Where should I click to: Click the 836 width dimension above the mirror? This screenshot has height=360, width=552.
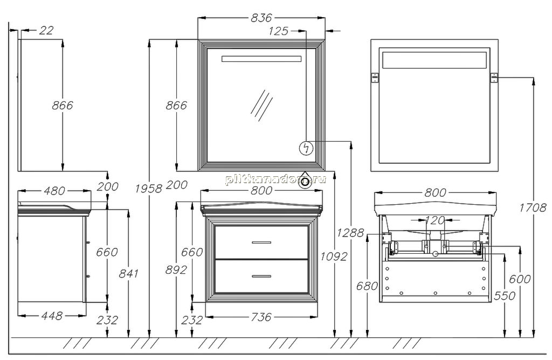pos(261,18)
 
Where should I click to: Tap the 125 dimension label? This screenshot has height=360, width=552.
pos(278,31)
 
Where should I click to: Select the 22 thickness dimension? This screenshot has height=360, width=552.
pos(46,31)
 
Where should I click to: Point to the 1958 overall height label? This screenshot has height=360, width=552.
pos(149,189)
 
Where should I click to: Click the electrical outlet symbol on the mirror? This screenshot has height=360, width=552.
pos(306,148)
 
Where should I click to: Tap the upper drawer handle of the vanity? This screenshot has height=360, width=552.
pos(261,243)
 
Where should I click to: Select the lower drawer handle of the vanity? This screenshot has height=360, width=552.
pos(261,276)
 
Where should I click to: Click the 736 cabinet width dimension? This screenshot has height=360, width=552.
pos(261,317)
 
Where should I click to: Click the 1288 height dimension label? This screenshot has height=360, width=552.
pos(350,233)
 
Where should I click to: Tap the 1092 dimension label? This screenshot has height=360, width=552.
pos(334,257)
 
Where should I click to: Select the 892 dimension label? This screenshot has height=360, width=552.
pos(176,269)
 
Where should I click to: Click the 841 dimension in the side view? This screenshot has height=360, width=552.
pos(128,273)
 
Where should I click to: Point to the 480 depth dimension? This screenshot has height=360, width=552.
pos(54,191)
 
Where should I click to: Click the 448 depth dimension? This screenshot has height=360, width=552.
pos(52,316)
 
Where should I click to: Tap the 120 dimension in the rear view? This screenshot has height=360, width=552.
pos(435,220)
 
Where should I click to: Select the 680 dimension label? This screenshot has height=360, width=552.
pos(367,286)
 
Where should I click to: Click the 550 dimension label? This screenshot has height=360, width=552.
pos(505,296)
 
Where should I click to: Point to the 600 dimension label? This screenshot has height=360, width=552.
pos(520,279)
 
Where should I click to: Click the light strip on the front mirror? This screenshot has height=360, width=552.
pos(261,59)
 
